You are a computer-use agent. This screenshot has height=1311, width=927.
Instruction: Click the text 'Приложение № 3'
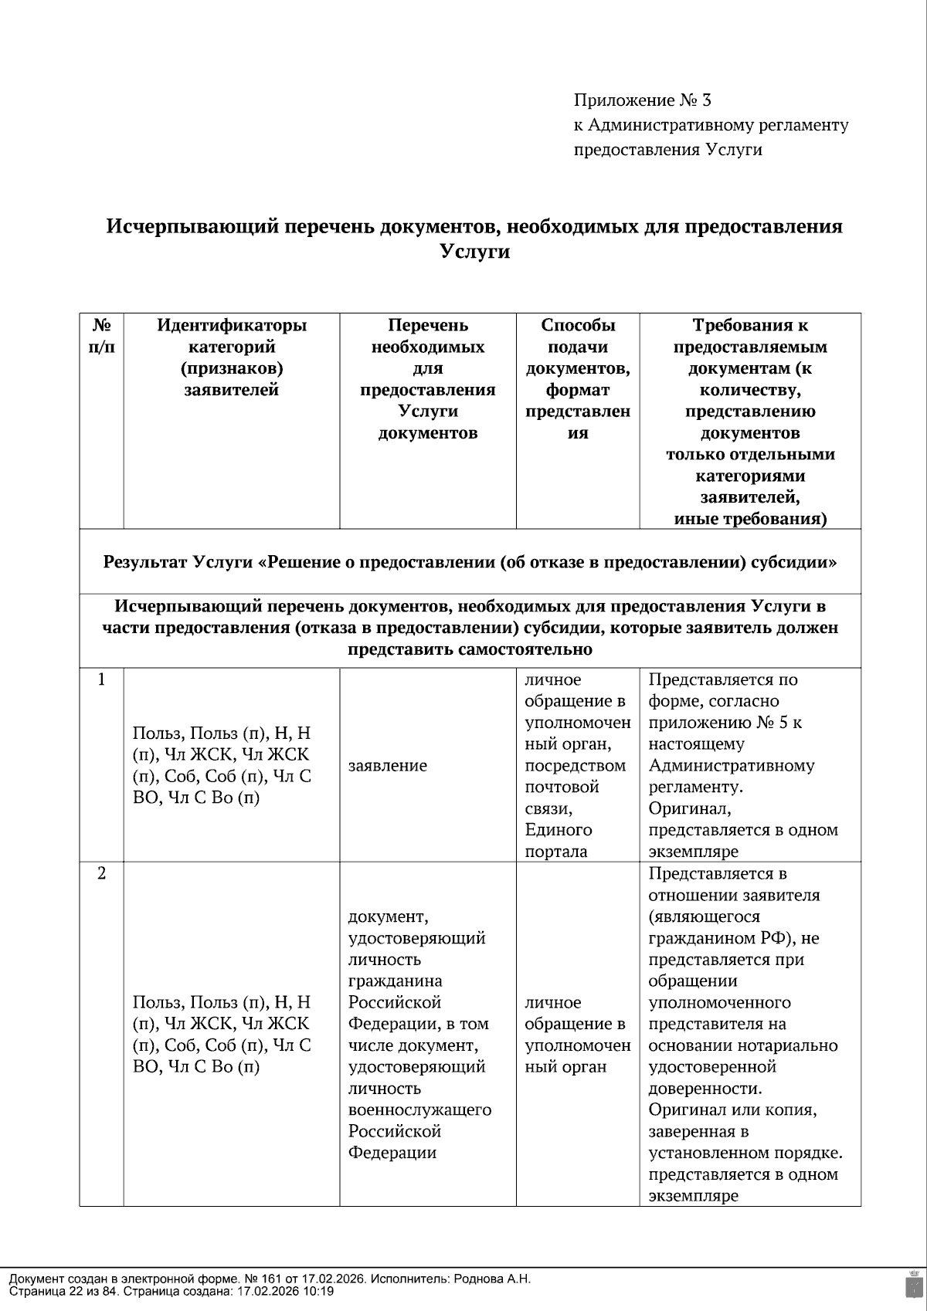642,100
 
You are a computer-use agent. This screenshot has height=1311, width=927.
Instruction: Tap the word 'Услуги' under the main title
474,252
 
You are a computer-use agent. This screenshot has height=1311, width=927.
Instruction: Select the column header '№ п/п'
101,336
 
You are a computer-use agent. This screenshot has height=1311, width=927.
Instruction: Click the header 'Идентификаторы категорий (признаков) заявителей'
232,357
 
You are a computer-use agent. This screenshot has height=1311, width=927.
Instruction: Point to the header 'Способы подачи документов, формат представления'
578,379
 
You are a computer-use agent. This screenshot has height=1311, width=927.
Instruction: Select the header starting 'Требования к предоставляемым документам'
750,422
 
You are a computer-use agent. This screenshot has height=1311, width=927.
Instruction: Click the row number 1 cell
101,680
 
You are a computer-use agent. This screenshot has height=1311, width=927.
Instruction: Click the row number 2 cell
101,873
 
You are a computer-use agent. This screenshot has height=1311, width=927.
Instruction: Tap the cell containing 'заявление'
388,766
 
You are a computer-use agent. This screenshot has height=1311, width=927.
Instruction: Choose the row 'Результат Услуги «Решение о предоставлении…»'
470,561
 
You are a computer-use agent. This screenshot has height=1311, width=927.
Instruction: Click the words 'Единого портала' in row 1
558,841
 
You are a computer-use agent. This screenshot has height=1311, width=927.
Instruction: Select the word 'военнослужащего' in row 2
420,1109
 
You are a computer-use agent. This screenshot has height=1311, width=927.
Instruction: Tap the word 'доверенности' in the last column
704,1089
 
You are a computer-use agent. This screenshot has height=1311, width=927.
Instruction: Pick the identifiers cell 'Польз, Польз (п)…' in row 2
222,1035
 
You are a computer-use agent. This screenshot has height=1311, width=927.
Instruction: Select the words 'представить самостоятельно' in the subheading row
470,649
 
